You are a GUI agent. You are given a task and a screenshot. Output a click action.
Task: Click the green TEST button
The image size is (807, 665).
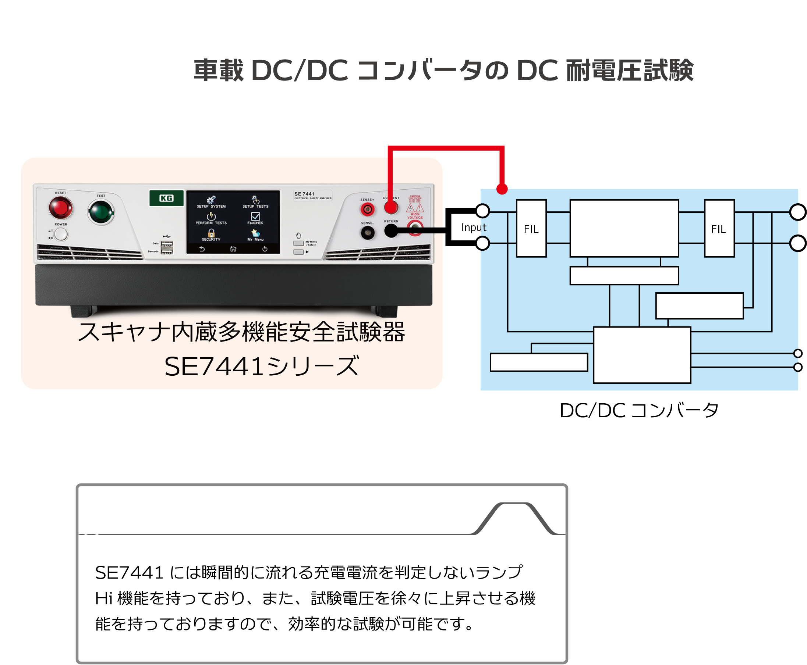[x=101, y=212]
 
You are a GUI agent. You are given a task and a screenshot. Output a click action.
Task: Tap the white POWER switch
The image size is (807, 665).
[x=61, y=234]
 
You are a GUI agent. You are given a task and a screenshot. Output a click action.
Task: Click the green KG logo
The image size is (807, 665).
[x=166, y=198]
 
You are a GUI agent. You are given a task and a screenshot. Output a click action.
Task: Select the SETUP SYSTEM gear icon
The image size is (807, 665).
[x=211, y=200]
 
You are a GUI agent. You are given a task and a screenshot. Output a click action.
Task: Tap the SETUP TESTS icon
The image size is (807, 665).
[x=255, y=200]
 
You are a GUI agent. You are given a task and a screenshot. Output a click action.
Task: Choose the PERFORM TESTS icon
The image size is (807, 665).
[x=211, y=217]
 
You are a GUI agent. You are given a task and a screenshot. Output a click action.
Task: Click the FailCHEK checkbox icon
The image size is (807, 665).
[x=255, y=217]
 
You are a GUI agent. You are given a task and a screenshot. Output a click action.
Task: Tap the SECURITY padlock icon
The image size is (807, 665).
[x=211, y=233]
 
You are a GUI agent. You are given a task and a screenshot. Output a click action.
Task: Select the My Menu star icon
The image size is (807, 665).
[x=255, y=233]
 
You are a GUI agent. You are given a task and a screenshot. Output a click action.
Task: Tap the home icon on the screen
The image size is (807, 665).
[x=233, y=249]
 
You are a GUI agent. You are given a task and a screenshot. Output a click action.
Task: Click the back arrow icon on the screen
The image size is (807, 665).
[x=202, y=249]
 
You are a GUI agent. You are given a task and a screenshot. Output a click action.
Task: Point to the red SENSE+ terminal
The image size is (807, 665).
[x=367, y=209]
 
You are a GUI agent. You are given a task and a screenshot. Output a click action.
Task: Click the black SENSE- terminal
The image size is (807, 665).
[x=367, y=233]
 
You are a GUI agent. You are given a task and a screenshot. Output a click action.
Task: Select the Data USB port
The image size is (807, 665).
[x=167, y=244]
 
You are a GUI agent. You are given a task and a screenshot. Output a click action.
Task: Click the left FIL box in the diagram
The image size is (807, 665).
[x=531, y=229]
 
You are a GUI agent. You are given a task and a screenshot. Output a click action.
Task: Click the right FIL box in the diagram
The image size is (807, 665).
[x=719, y=229]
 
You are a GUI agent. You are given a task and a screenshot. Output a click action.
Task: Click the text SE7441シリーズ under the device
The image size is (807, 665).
[x=262, y=367]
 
